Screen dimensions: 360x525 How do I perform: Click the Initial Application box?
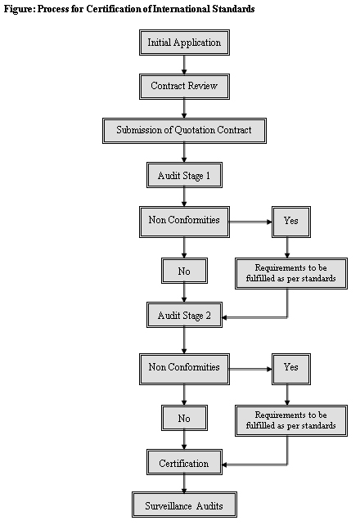coord(184,43)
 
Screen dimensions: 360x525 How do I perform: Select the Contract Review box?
coord(184,87)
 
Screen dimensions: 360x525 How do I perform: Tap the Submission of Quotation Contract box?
coord(184,131)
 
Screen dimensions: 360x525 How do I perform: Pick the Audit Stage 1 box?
coord(184,175)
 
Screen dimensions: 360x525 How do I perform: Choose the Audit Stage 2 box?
coord(184,315)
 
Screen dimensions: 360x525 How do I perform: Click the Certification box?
coord(184,462)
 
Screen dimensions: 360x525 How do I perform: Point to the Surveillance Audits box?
coord(184,505)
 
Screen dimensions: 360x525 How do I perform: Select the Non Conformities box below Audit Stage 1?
coord(184,222)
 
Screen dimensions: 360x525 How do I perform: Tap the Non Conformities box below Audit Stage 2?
coord(184,369)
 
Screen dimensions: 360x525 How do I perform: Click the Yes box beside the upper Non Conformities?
coord(291,222)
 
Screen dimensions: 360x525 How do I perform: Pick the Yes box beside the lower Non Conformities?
coord(291,369)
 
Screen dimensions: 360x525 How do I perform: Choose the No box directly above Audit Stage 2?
coord(184,271)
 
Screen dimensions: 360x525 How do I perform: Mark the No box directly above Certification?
coord(184,418)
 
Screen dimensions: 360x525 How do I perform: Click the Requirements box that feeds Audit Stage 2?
coord(291,273)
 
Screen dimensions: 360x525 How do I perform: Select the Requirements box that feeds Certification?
coord(291,420)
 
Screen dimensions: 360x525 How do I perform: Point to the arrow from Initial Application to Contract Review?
coord(184,65)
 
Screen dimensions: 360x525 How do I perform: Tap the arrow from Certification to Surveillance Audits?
coord(184,483)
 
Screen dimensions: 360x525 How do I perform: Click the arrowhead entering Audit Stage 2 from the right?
coord(224,317)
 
